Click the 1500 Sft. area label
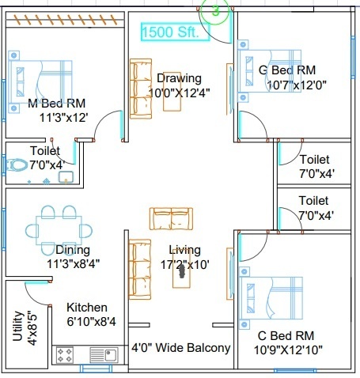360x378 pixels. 170,32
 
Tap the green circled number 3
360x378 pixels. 215,11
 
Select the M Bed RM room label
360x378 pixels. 57,103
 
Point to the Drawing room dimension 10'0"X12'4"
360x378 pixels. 180,93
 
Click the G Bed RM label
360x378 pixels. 287,70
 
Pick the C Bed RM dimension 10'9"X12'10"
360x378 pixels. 288,350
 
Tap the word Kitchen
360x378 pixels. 87,308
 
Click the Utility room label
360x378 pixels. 18,326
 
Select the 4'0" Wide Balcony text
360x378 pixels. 181,348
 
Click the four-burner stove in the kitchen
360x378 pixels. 65,355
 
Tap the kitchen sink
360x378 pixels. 104,355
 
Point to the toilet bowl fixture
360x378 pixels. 17,165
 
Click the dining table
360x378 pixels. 59,230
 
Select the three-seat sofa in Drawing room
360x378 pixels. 141,89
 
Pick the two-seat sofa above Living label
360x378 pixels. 171,218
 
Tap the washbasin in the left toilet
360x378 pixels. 66,177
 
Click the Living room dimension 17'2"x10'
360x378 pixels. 185,264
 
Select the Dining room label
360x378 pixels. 73,250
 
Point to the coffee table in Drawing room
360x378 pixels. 172,92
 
